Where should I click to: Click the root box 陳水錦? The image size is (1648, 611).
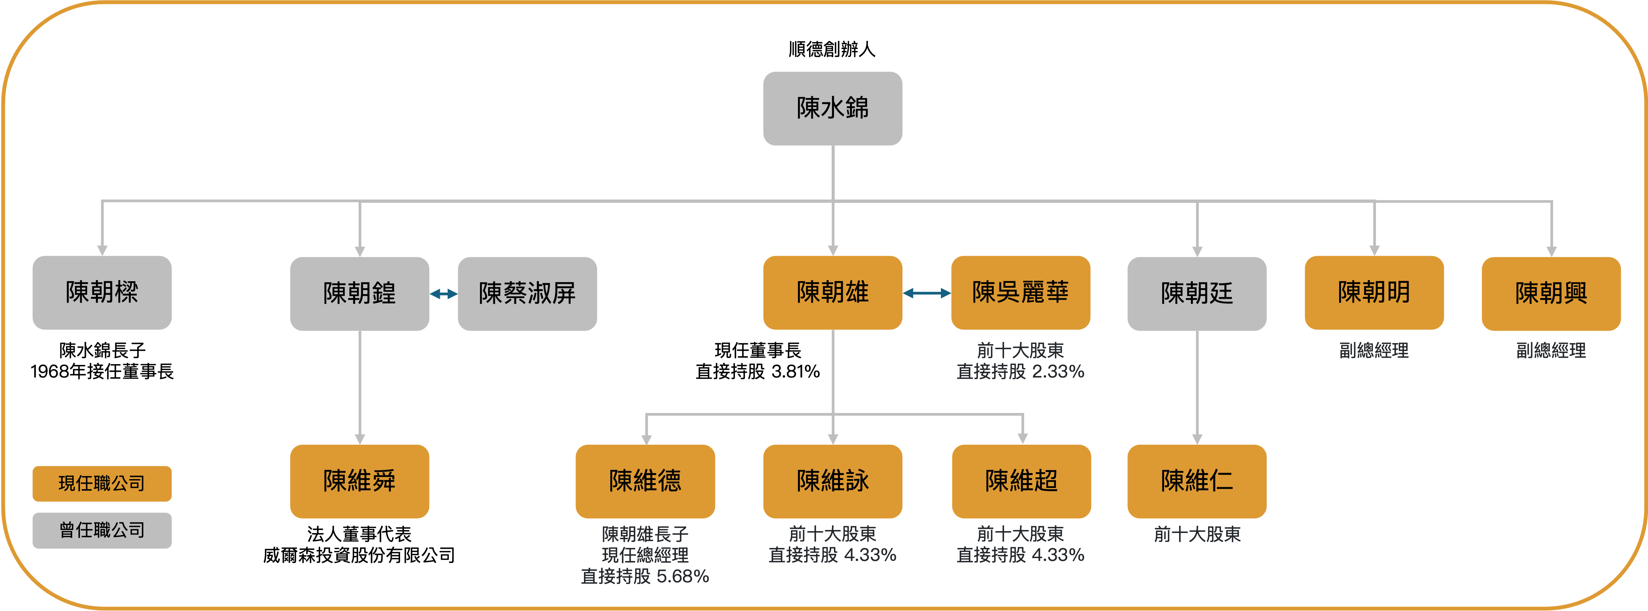point(832,108)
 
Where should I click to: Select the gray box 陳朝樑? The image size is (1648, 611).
point(102,292)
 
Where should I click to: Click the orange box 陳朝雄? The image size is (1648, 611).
point(832,292)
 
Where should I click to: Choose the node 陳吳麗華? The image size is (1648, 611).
point(1020,292)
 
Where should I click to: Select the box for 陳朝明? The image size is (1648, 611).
point(1374,292)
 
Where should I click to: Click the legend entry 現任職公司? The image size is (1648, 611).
point(102,483)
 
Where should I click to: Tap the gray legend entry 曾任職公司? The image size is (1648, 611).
point(102,530)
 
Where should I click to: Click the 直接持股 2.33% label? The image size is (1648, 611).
point(1020,371)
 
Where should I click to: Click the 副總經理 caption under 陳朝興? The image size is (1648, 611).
point(1551,350)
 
